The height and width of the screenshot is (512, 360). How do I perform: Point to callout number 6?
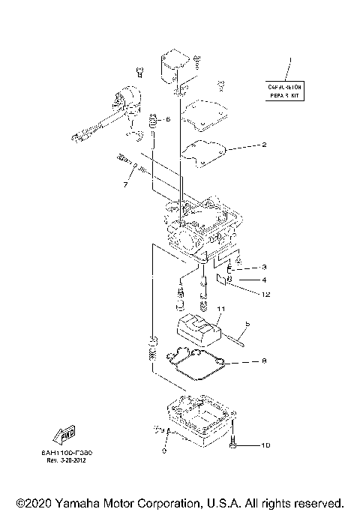(x=168, y=119)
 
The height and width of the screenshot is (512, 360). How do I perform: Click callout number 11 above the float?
(x=221, y=309)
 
